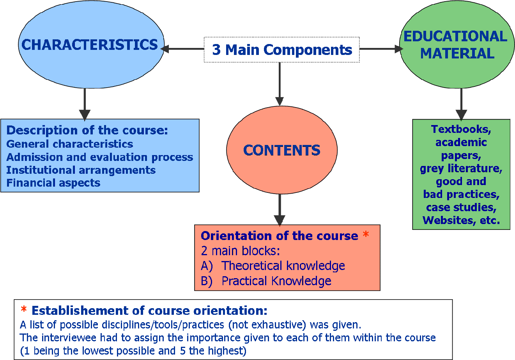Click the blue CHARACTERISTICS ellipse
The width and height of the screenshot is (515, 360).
point(91,44)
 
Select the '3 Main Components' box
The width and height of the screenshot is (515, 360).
point(281,50)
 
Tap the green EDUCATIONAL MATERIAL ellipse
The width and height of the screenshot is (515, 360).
point(455,44)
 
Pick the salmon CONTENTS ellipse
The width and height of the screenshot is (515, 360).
point(281,150)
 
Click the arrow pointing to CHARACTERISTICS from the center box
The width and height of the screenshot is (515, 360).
point(183,49)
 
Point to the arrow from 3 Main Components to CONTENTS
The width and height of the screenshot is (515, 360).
point(280,84)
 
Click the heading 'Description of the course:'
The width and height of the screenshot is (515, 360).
point(87,130)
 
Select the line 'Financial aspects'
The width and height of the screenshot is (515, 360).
point(53,183)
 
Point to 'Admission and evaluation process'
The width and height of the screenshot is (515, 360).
point(100,157)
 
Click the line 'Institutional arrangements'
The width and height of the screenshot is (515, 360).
point(81,170)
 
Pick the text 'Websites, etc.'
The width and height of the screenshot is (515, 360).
point(461,220)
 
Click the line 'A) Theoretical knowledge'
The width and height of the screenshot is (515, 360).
point(273,266)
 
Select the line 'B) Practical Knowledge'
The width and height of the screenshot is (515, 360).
point(266,281)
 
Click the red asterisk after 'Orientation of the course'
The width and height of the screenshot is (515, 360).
point(366,235)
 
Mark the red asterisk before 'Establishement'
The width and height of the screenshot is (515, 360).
point(24,310)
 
